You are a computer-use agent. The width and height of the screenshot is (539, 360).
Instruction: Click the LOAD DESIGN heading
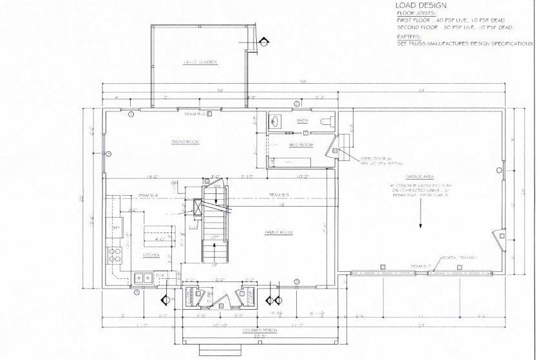pos(421,5)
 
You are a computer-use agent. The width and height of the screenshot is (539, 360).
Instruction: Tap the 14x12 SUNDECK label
pos(199,62)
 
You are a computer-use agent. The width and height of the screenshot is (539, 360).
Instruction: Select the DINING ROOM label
pos(184,142)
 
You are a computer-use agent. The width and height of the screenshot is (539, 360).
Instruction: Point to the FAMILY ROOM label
pos(279,232)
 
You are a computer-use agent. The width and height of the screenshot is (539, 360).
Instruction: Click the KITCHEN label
pos(151,255)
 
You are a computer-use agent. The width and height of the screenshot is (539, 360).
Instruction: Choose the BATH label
pos(302,121)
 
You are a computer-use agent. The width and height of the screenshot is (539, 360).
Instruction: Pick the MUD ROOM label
pos(300,145)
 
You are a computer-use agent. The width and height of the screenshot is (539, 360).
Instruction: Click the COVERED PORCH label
pos(255,330)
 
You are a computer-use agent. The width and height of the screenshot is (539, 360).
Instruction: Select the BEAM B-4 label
pos(148,195)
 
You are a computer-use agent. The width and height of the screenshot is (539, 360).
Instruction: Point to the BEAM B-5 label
pos(278,194)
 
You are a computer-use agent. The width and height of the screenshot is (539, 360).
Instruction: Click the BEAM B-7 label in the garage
pos(420,266)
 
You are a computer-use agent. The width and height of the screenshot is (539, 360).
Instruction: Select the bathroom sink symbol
pos(275,121)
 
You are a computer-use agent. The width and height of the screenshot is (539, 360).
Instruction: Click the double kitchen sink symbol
pos(143,278)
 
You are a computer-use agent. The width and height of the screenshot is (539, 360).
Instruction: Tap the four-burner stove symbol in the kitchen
pos(115,254)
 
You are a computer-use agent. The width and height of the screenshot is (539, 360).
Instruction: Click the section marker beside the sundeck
pos(263,40)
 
